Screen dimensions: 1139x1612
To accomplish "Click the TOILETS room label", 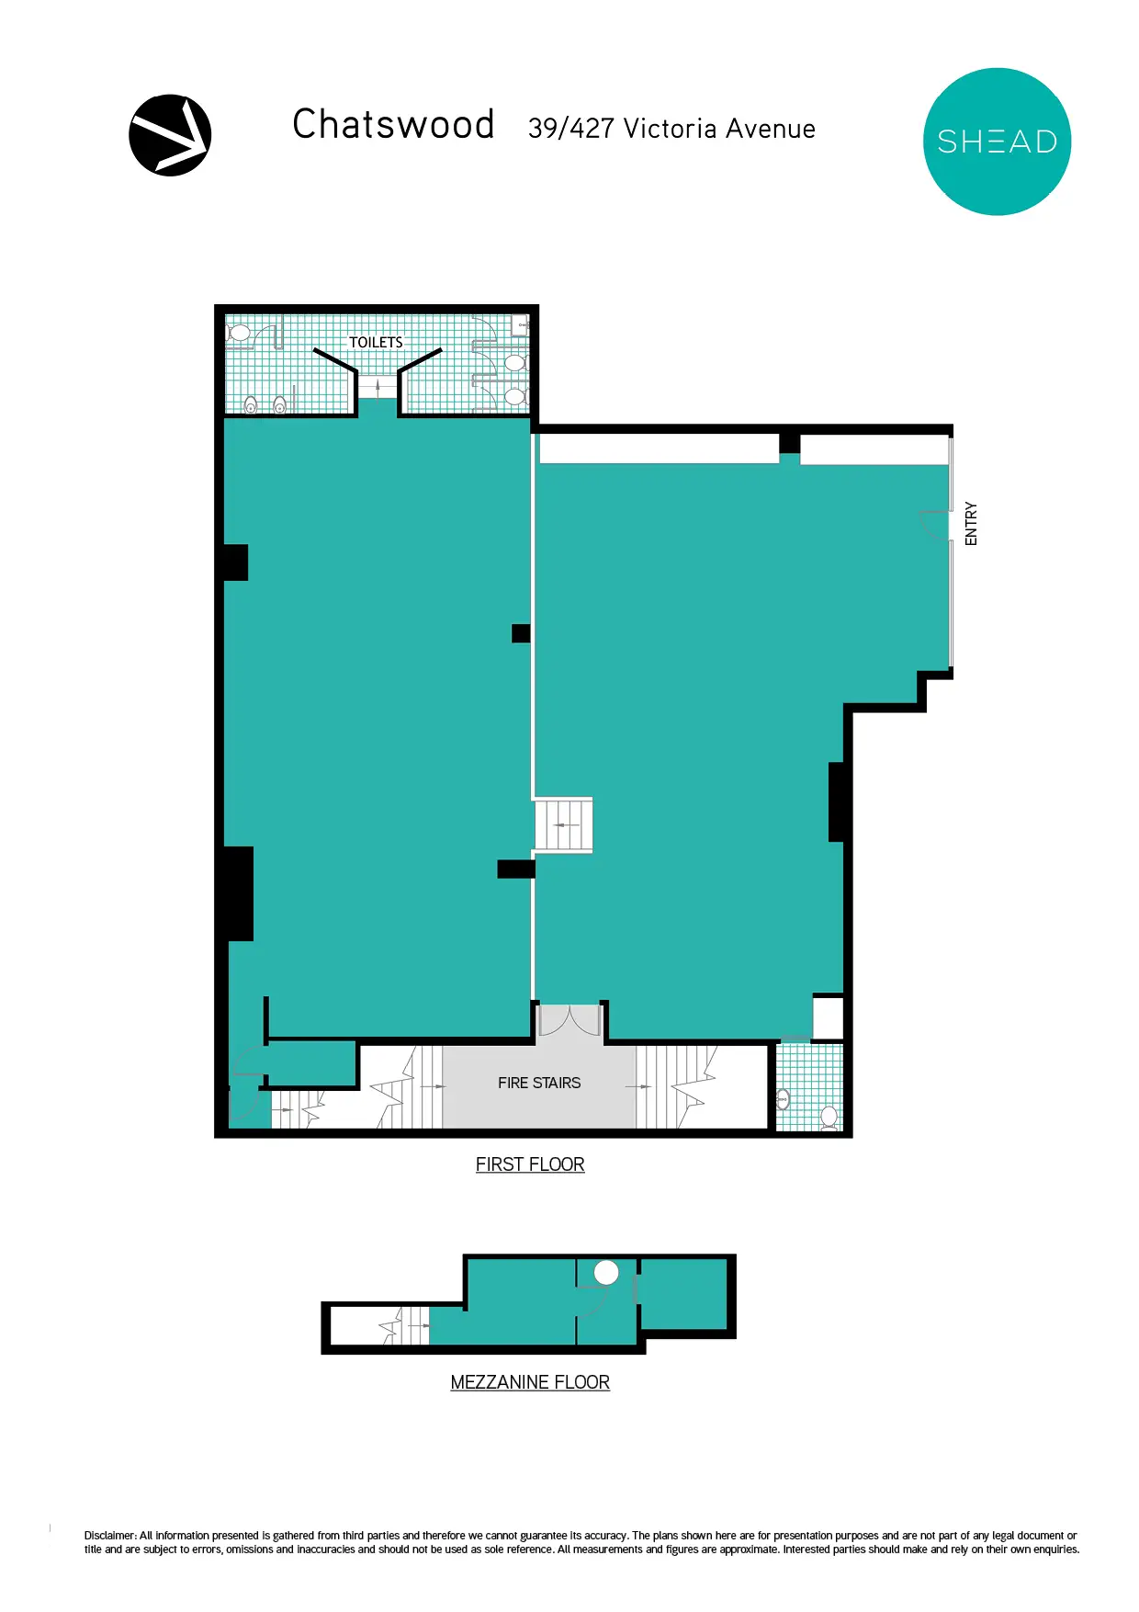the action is tap(376, 342).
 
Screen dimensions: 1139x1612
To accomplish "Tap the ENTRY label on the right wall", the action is tap(971, 524).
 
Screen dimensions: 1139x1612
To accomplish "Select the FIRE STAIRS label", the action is tap(539, 1083).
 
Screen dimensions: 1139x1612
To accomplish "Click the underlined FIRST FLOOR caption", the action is tap(530, 1164).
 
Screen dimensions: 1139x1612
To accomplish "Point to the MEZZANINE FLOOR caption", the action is tap(530, 1382).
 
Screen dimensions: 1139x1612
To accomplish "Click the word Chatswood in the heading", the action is tap(394, 124).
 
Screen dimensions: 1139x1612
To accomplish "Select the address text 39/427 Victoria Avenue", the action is tap(671, 129).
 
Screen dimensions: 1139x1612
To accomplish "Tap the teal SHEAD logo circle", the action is tap(997, 142).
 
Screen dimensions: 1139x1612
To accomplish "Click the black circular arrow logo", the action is tap(170, 135).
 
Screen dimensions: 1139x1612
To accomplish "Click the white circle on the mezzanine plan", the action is tap(606, 1273).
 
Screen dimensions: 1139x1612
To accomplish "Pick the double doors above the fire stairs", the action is tap(569, 1020).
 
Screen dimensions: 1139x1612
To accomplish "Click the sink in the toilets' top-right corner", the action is tap(521, 324).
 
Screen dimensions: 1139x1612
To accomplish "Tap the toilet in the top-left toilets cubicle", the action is tap(238, 332).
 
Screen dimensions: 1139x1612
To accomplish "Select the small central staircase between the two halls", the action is tap(563, 825).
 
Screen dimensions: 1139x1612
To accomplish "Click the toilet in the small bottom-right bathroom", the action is tap(829, 1118).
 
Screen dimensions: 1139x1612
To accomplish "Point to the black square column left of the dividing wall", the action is tap(521, 633).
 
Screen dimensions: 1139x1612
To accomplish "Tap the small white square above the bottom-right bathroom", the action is tap(828, 1017).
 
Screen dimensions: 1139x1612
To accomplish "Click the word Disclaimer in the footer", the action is tap(110, 1536).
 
